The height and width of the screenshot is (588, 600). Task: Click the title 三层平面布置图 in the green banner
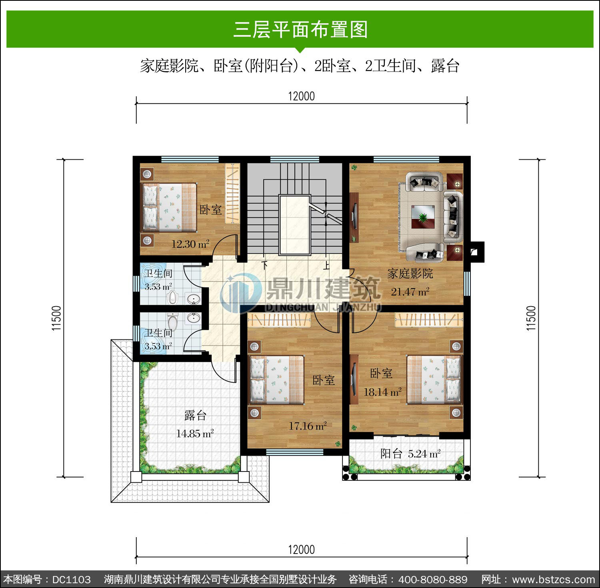300,29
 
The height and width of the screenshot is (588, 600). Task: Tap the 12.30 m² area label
190,244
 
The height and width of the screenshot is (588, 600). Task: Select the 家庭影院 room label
410,274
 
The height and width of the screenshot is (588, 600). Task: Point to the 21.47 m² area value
410,291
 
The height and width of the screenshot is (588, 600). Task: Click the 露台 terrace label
195,415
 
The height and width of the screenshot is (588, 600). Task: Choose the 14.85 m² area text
195,433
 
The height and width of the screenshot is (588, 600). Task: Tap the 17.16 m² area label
308,426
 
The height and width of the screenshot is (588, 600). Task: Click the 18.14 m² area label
382,392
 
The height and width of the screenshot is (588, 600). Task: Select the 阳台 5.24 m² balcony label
410,454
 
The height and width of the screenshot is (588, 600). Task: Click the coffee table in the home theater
423,217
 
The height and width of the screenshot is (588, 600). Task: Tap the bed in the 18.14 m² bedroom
434,379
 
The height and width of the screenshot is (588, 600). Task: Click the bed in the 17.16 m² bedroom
277,380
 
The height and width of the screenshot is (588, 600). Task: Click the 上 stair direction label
326,265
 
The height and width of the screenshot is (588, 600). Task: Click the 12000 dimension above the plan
302,96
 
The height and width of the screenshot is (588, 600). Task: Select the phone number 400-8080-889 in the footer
433,579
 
